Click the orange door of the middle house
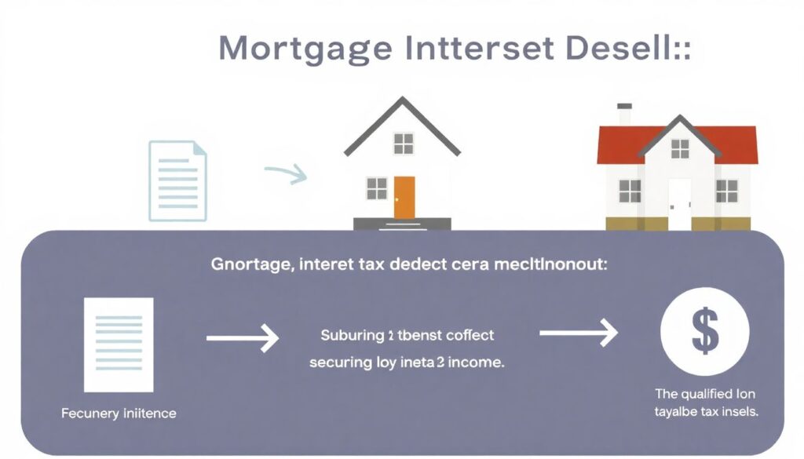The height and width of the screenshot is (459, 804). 404,197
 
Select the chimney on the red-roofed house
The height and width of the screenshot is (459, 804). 624,115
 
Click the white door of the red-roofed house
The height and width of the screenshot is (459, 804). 679,203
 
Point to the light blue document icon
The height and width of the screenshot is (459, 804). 178,180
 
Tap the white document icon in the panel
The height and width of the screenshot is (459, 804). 119,344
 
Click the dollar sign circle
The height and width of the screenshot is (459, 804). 703,333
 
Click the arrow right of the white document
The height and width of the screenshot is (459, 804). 243,339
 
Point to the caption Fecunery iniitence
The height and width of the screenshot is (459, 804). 119,413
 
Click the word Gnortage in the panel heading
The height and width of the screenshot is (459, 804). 250,265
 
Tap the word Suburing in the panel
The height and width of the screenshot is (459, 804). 349,336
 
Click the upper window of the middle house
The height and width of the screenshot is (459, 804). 404,144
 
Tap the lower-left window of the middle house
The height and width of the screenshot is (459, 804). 377,188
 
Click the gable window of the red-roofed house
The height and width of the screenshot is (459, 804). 679,148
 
